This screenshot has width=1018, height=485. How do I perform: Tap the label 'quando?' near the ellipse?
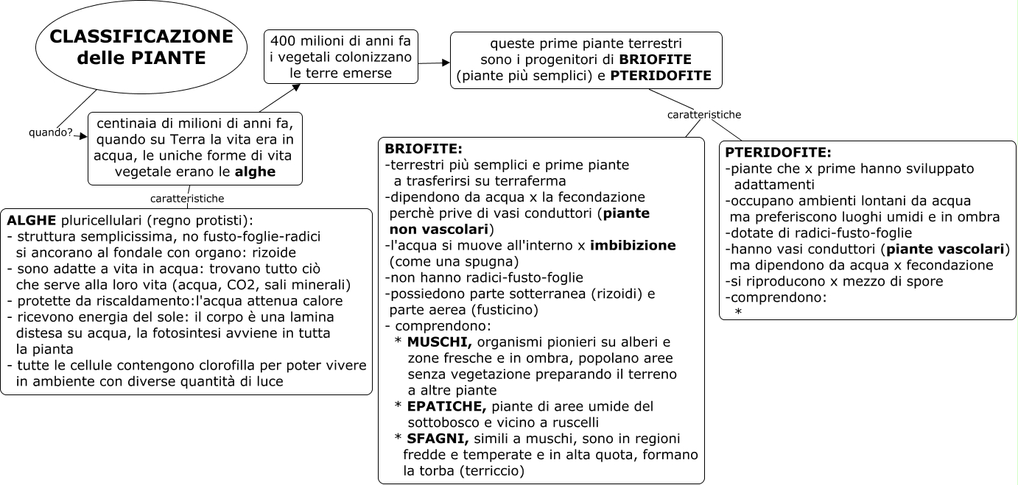[x=50, y=132]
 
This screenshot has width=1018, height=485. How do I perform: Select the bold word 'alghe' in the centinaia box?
[x=254, y=171]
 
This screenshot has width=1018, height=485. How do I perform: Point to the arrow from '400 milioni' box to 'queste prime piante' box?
[x=435, y=63]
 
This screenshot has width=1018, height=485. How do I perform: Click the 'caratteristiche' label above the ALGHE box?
[x=187, y=198]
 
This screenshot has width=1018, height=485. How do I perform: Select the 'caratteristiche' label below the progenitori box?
[x=704, y=115]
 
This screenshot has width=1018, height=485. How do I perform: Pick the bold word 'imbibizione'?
[x=635, y=244]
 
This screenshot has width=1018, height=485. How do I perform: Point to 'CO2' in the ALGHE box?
[x=250, y=285]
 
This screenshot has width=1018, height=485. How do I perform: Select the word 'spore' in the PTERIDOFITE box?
[x=922, y=281]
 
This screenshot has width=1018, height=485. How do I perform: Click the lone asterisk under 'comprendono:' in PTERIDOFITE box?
[x=737, y=313]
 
